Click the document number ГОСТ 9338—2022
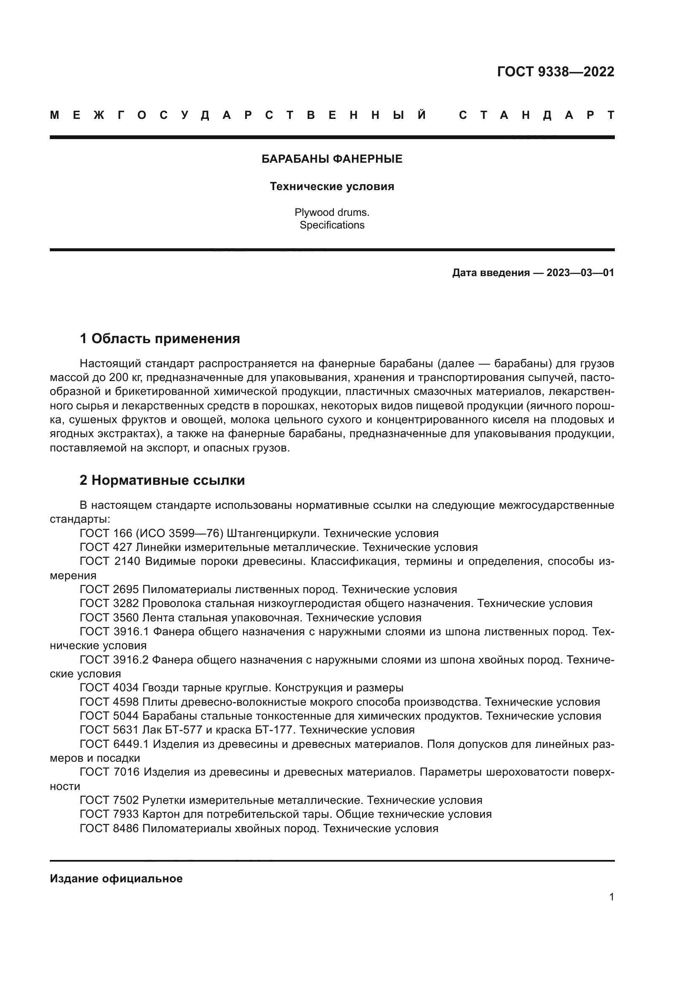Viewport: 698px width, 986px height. click(x=555, y=72)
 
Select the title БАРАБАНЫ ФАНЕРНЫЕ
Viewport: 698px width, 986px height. click(x=332, y=159)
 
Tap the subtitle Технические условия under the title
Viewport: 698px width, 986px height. click(x=332, y=187)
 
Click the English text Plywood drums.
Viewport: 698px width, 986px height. click(x=332, y=212)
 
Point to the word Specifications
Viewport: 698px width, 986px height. click(x=332, y=226)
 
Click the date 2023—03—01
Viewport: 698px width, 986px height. click(x=580, y=273)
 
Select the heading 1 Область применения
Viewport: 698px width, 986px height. click(x=160, y=339)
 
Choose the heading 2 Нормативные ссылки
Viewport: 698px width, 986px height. click(x=162, y=481)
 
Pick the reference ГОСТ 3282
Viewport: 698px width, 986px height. click(x=109, y=604)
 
